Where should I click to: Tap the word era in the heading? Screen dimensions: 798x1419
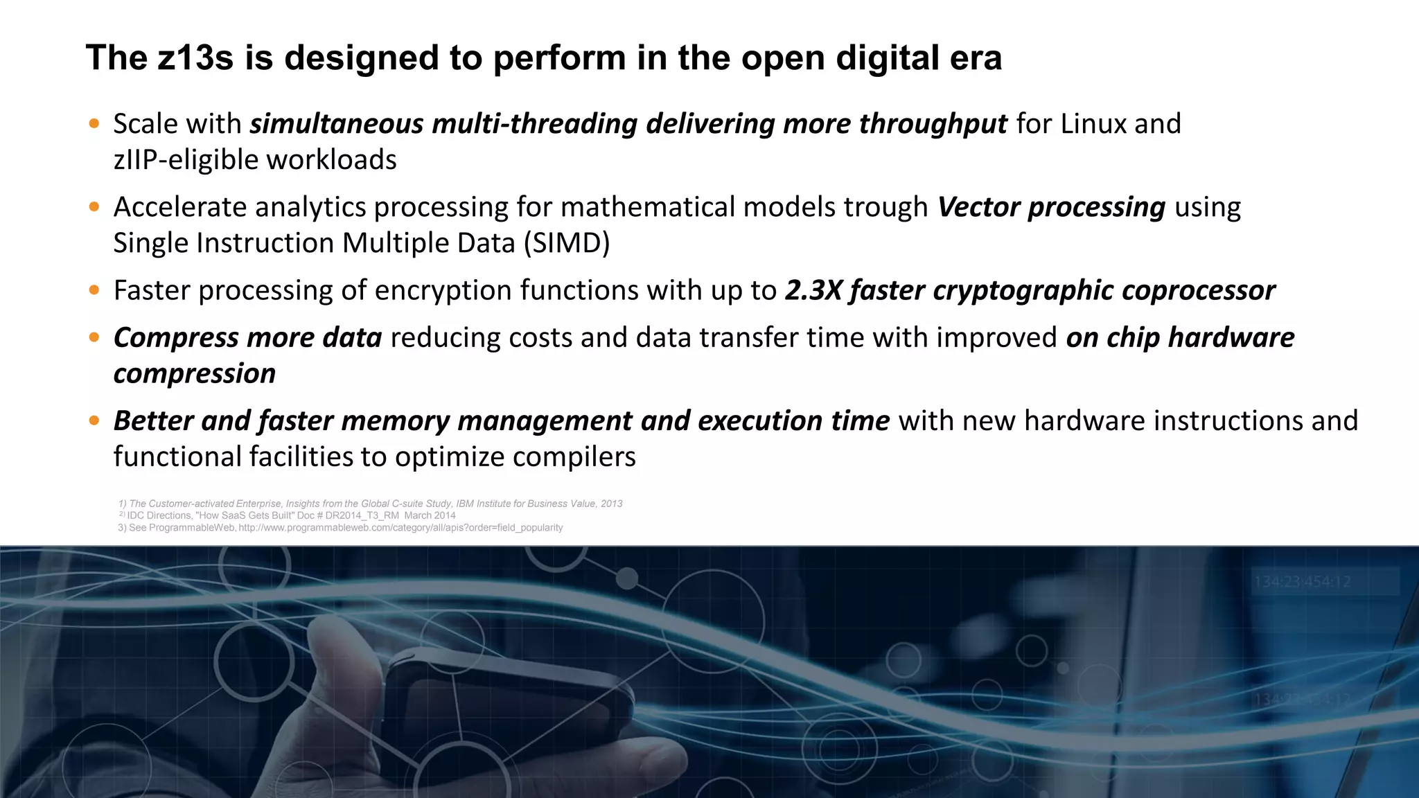click(x=976, y=58)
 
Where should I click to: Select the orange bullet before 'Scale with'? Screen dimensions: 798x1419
click(x=94, y=124)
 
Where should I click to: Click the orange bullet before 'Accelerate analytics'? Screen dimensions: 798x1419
click(x=94, y=206)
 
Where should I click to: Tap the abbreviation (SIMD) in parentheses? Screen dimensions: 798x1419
click(x=566, y=243)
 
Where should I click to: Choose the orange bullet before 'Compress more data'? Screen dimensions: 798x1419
click(x=94, y=337)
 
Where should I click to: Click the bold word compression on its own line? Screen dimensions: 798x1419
click(x=195, y=373)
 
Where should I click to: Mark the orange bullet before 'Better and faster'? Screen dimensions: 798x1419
click(x=94, y=420)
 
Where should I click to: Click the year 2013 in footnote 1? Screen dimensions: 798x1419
click(x=611, y=504)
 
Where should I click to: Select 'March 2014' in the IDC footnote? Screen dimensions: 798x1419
click(x=430, y=515)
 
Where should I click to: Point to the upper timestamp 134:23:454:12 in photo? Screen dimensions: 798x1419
click(x=1302, y=582)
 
